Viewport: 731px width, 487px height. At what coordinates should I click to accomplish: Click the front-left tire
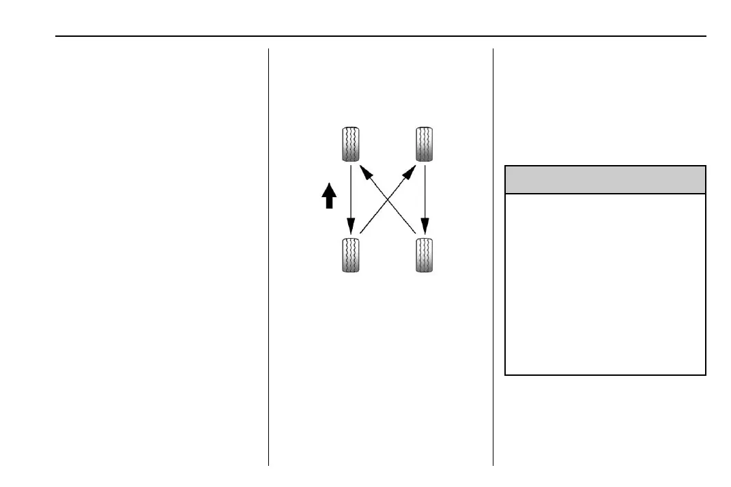(x=351, y=145)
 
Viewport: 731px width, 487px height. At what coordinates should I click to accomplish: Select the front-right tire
(x=425, y=145)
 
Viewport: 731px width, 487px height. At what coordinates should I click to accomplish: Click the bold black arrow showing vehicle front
(x=329, y=196)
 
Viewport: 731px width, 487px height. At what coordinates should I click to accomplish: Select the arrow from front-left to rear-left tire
(x=351, y=198)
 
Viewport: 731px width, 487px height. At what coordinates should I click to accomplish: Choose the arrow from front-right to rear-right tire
(x=425, y=198)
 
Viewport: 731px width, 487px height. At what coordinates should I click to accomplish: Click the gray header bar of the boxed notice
(x=605, y=179)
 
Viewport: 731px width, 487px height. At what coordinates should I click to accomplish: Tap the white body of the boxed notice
(x=605, y=284)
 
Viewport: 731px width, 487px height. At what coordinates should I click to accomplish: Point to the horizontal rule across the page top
(x=382, y=36)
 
